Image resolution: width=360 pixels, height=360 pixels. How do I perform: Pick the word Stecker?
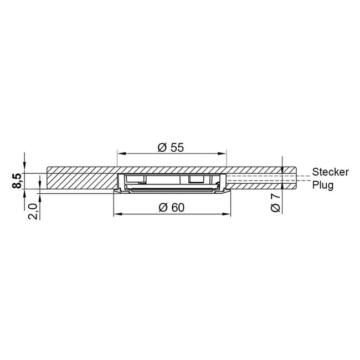tap(330, 172)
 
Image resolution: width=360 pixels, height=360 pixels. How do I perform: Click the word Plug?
tap(322, 186)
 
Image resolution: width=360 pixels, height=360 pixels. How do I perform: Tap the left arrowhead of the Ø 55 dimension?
tap(120, 154)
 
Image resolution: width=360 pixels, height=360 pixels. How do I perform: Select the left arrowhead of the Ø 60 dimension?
tap(116, 214)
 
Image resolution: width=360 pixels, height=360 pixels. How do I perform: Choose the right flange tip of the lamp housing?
tap(228, 192)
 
